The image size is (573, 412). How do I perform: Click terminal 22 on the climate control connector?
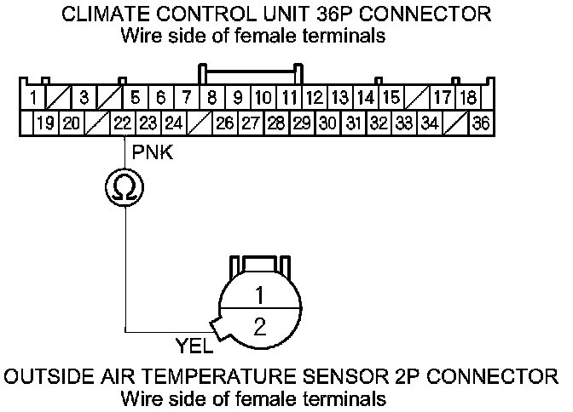(x=123, y=123)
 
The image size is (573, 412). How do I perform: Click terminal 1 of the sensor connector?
(x=260, y=295)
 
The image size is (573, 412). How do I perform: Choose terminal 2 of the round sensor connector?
(x=260, y=325)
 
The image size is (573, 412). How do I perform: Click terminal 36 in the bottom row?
(x=481, y=123)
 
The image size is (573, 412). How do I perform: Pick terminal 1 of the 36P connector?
(x=32, y=95)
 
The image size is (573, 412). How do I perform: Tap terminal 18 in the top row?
(x=467, y=95)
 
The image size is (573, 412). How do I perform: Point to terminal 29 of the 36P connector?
(x=301, y=123)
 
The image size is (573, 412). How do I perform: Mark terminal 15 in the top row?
(x=391, y=95)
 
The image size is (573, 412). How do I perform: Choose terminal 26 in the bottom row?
(x=225, y=123)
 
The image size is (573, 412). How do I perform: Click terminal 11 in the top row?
(x=290, y=95)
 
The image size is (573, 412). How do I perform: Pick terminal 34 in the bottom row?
(x=430, y=123)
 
